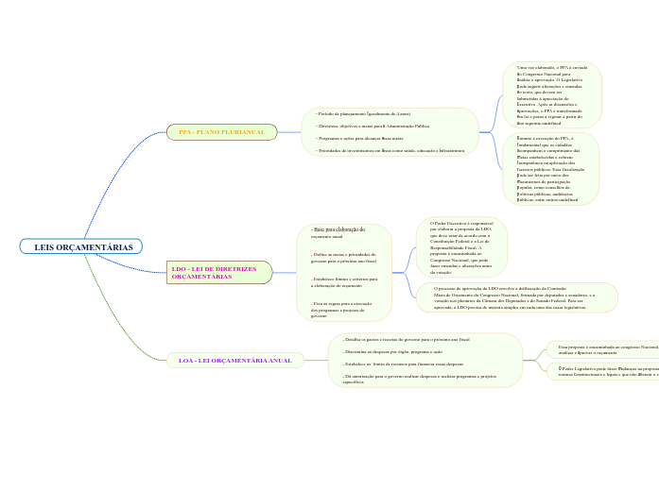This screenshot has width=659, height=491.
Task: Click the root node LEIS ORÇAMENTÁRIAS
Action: (82, 247)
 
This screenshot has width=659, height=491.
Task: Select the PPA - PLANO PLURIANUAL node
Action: (221, 132)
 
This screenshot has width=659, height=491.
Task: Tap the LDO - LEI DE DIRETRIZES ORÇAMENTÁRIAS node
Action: (217, 273)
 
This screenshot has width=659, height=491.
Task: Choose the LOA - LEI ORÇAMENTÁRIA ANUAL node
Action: (235, 361)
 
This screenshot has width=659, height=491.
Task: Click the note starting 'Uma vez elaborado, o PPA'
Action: (552, 95)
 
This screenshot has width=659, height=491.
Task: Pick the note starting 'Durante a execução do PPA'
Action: (550, 169)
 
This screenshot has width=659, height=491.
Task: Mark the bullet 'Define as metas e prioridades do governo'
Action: (343, 257)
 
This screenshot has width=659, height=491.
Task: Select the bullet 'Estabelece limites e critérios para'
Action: (343, 281)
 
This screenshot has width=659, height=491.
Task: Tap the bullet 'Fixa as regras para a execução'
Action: (343, 309)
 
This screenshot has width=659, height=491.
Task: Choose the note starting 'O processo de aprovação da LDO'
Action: (516, 297)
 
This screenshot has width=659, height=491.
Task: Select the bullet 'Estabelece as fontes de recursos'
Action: (403, 363)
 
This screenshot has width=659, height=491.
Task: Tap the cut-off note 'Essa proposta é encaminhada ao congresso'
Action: (606, 349)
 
